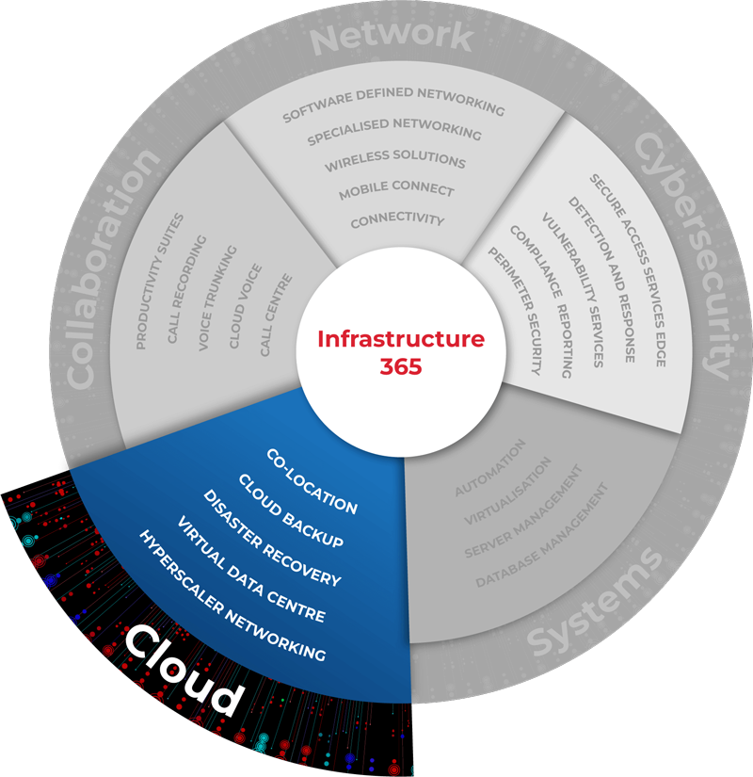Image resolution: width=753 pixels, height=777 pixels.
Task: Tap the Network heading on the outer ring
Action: tap(392, 38)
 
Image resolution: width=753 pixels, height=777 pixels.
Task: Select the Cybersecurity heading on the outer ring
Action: tap(683, 254)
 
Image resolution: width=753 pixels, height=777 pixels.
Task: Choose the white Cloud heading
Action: tap(184, 670)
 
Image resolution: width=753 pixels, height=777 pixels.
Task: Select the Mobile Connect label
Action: tap(396, 190)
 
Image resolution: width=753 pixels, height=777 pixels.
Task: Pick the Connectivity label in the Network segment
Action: tap(397, 220)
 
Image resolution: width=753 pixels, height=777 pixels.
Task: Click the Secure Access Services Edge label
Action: tap(628, 269)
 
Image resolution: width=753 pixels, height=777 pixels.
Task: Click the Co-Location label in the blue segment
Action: tap(312, 481)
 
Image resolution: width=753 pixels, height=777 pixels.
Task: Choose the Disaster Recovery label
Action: tap(271, 538)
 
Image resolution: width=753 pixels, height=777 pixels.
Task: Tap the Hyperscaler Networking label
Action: tap(232, 594)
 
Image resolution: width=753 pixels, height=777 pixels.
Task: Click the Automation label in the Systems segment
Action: tap(489, 468)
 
